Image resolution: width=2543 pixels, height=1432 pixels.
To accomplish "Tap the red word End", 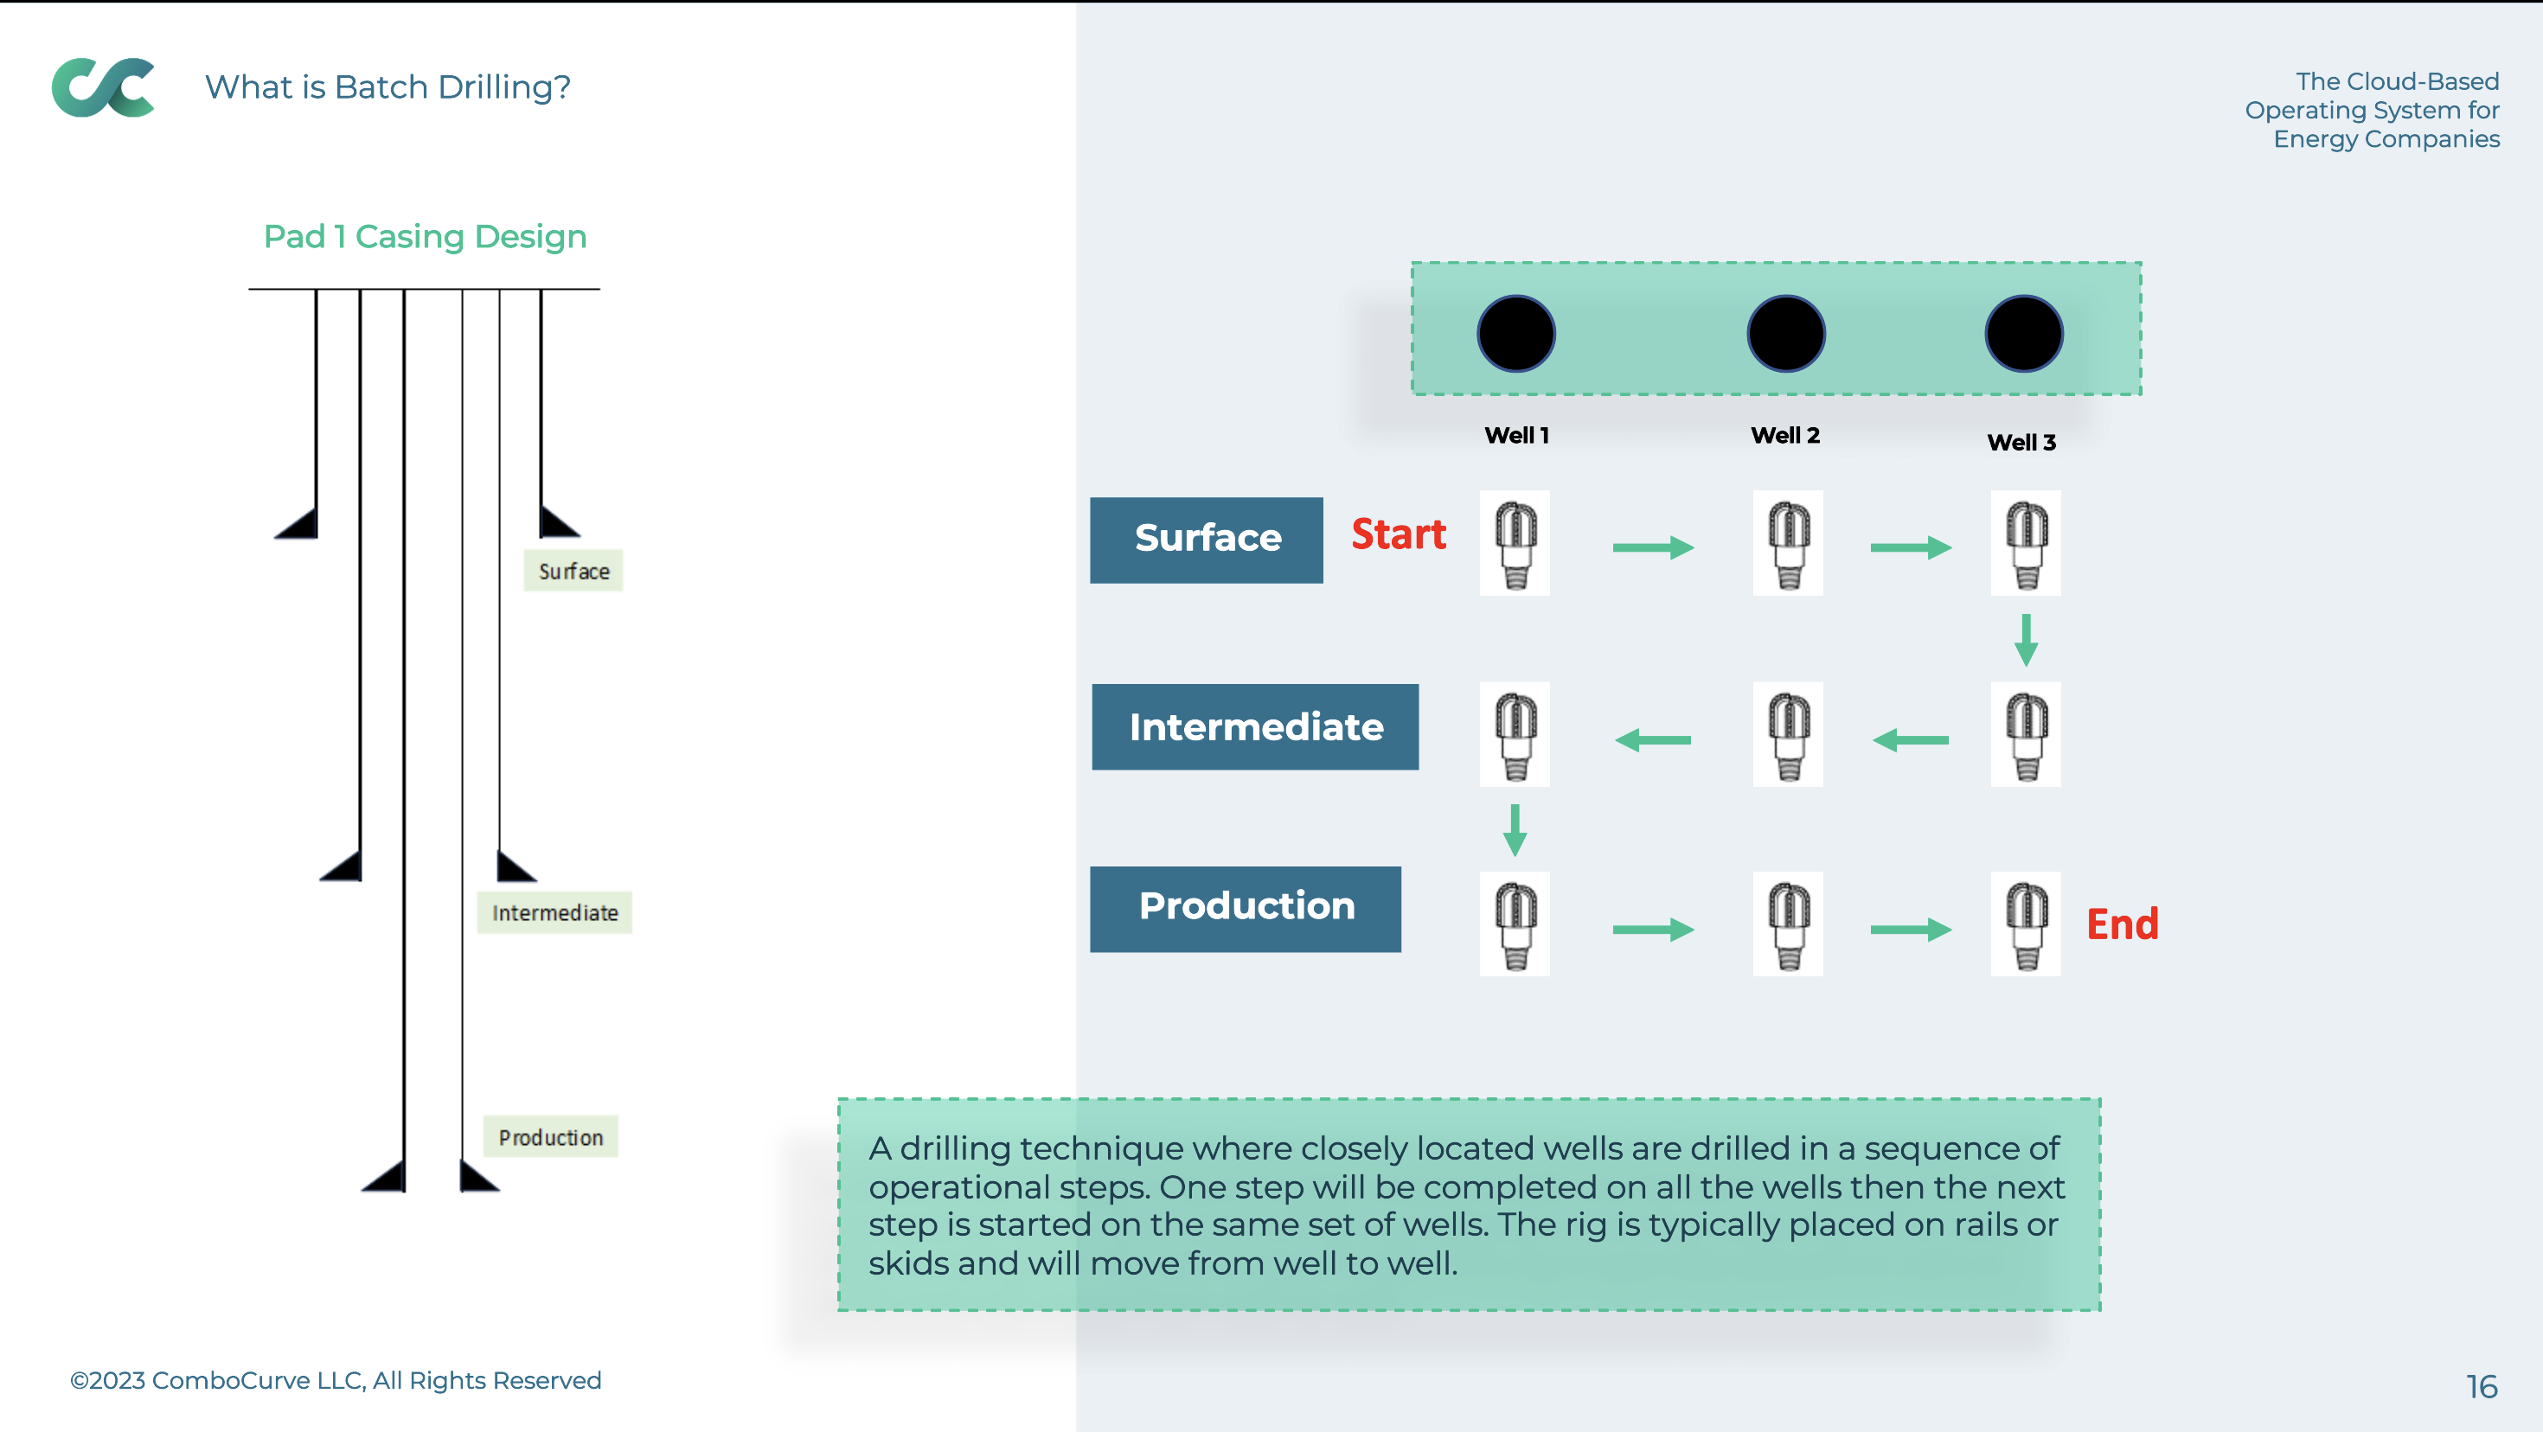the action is click(x=2123, y=924).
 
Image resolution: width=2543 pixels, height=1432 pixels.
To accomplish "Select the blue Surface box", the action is click(x=1207, y=540).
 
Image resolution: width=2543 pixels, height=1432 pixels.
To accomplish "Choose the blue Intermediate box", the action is click(x=1255, y=727).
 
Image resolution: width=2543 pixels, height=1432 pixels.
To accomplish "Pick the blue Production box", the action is click(x=1245, y=909).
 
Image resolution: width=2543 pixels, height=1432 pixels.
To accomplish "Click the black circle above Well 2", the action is click(x=1786, y=334).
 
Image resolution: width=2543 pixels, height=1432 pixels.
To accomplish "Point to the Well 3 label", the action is click(x=2021, y=442).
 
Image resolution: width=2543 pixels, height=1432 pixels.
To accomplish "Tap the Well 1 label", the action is click(x=1516, y=435).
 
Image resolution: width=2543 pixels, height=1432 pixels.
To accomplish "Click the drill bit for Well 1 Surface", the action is click(x=1515, y=543).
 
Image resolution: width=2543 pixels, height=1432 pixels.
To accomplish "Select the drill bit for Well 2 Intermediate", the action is click(x=1788, y=734).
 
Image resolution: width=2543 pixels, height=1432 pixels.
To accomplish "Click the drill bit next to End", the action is click(x=2026, y=924).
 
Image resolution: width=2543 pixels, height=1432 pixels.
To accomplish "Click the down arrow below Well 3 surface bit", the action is click(x=2026, y=640).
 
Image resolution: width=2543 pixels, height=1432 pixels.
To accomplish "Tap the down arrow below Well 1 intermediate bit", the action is click(x=1515, y=830).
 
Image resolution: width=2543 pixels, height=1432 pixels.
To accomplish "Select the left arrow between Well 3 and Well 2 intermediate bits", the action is click(x=1910, y=739).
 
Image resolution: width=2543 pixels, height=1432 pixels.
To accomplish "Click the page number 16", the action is click(x=2482, y=1387).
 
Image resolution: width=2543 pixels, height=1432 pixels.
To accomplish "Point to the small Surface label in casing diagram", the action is click(x=573, y=572).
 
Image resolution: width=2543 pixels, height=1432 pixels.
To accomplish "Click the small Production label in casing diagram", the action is click(x=551, y=1137).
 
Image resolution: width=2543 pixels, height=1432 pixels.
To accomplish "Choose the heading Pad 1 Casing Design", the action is click(x=426, y=237).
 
